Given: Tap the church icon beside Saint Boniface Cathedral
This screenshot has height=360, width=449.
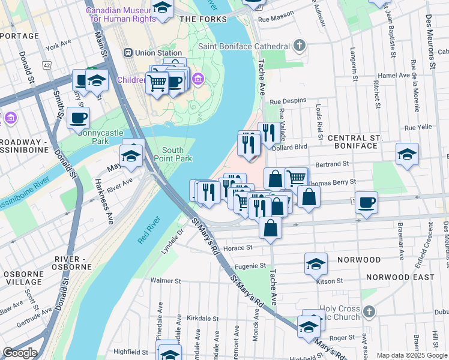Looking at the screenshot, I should coord(298,46).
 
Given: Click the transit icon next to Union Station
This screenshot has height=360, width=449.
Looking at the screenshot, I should coord(128,53).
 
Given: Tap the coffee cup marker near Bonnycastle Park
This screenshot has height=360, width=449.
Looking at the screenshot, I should coord(77,118).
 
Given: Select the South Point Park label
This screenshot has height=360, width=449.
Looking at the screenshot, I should coord(177,154).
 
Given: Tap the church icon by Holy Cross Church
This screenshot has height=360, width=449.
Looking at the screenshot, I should coord(369,311).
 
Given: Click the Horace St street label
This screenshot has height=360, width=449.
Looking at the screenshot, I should coord(237,248).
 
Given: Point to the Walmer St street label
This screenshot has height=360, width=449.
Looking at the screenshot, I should coord(166,280).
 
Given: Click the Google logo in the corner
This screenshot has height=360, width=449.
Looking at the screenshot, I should coord(20,353).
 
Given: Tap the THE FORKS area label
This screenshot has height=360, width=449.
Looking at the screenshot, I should coord(203,19).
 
